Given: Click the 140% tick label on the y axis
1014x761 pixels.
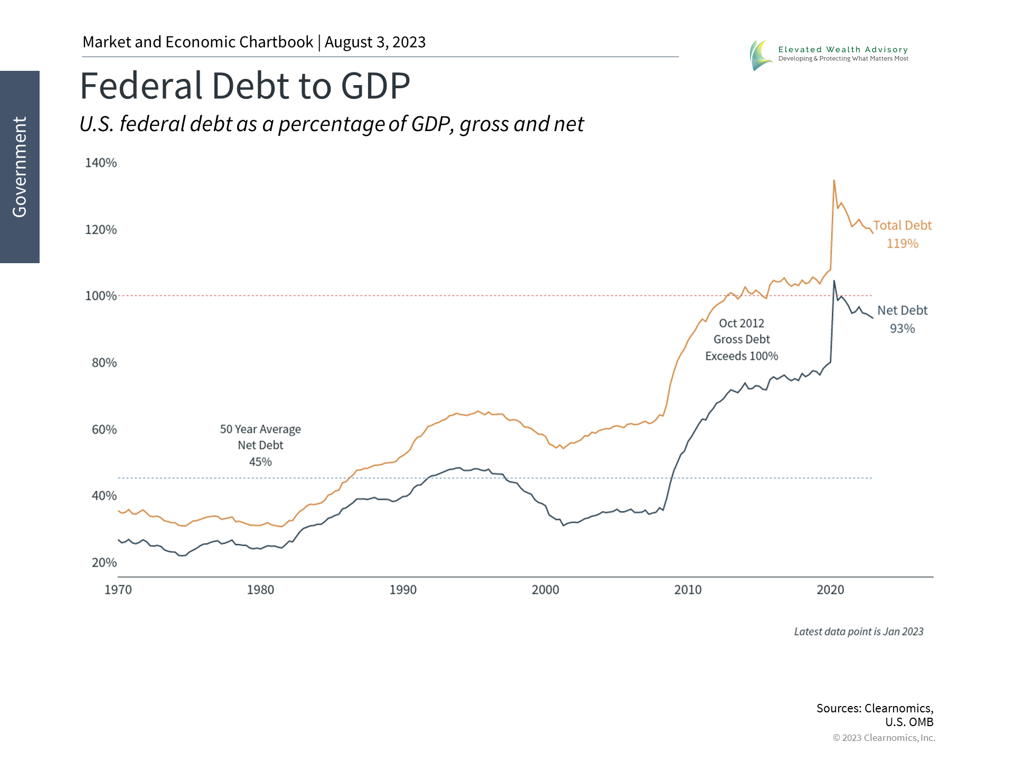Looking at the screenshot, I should (101, 163).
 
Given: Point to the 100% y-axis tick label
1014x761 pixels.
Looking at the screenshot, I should (101, 296).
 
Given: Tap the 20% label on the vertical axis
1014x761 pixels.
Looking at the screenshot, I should (104, 563).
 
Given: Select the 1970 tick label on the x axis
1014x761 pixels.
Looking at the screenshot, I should (118, 590).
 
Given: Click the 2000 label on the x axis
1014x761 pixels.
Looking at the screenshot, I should (545, 590).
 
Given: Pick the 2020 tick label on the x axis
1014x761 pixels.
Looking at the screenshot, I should (830, 590).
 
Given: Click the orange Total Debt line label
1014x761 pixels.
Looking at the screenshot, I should (902, 226).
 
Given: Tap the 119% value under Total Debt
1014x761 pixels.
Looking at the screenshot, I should (902, 244).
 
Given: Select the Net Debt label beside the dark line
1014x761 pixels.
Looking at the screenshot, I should (902, 311).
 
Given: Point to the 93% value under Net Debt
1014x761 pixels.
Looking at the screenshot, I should (902, 329).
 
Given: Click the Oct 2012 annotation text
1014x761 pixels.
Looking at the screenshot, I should (741, 323).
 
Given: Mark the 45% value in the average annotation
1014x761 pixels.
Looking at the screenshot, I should (260, 462).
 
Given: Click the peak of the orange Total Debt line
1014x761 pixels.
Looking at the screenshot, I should (834, 181).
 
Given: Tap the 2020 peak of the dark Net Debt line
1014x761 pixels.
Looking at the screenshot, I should (834, 281).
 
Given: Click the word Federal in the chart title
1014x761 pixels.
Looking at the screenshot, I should (140, 86).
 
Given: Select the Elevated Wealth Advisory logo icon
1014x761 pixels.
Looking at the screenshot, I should (760, 55).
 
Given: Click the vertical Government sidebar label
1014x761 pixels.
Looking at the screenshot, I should (20, 167).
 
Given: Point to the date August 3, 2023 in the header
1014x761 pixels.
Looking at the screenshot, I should (375, 42).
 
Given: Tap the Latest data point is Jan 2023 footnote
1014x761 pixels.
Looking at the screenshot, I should (859, 632).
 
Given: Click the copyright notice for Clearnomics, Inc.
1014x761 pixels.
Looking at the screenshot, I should (884, 738).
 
